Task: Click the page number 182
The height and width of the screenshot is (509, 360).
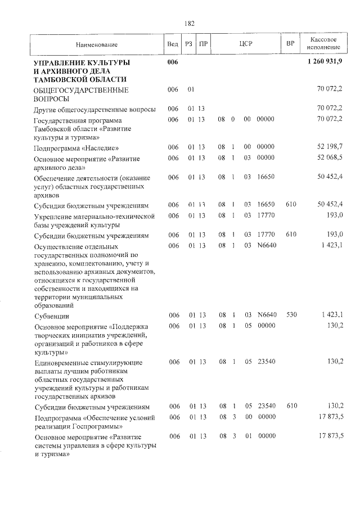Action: (x=190, y=23)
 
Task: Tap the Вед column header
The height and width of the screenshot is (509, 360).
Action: (x=173, y=44)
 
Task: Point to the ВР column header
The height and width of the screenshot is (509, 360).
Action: (x=290, y=44)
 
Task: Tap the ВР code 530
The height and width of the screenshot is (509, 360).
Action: (x=291, y=314)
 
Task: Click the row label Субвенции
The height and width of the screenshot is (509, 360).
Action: (x=52, y=316)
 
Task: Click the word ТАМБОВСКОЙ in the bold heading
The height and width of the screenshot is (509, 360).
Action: (x=62, y=79)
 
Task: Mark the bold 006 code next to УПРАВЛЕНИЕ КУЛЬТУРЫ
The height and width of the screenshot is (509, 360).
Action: (x=173, y=61)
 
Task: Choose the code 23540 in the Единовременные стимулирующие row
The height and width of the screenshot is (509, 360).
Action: (x=266, y=362)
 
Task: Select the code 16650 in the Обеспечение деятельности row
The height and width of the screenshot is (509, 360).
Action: (x=266, y=177)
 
